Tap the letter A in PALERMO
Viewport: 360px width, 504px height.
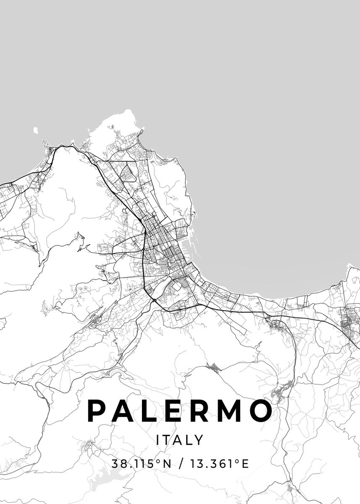(122, 411)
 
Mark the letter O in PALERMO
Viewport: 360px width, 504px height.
(260, 411)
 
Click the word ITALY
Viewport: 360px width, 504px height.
(180, 440)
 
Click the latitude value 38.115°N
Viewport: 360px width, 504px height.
(142, 464)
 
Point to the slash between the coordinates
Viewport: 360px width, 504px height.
(181, 464)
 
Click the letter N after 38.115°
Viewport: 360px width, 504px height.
(167, 464)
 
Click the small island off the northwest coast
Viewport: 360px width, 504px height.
(35, 131)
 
